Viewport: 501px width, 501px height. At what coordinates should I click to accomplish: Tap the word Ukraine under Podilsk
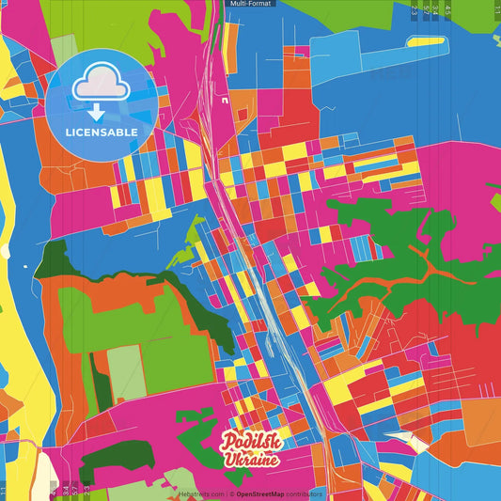point(251,460)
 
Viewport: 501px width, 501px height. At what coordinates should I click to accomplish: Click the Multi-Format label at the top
point(250,4)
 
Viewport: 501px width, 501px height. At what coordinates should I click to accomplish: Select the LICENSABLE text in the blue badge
point(102,132)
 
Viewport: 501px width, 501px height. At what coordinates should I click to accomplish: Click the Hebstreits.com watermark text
point(201,493)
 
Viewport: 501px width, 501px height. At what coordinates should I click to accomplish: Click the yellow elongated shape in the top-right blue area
point(428,42)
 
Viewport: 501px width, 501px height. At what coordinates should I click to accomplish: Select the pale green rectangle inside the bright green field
point(126,371)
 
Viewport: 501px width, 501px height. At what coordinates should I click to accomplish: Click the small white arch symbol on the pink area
point(226,97)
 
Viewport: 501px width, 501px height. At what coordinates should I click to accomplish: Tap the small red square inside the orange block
point(243,114)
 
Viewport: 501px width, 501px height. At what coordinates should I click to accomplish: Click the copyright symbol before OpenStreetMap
point(231,493)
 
